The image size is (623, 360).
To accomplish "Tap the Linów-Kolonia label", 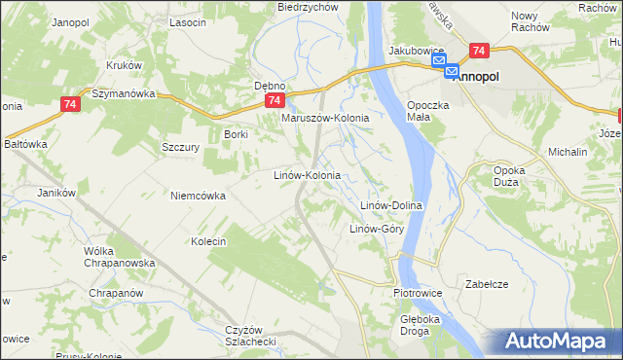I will [306, 175].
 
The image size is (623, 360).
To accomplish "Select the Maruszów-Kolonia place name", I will [325, 118].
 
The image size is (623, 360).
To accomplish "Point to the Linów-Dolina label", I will [390, 206].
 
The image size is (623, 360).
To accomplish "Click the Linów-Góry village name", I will [377, 230].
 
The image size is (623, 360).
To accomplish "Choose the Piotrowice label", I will [418, 292].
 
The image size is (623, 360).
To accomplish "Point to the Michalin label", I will [568, 153].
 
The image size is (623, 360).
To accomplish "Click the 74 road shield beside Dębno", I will [275, 100].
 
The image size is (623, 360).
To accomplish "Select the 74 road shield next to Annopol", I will [478, 51].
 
